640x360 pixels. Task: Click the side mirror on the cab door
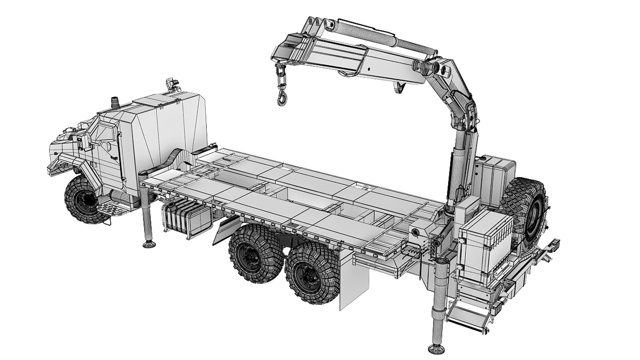click(x=80, y=143)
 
